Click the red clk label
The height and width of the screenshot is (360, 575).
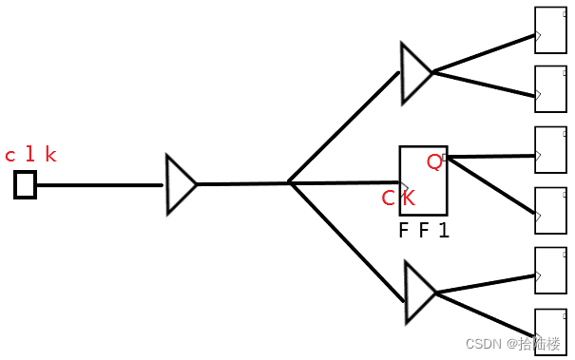coord(30,155)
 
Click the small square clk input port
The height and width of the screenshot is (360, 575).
coord(25,184)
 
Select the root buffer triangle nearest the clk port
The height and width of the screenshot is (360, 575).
coord(180,184)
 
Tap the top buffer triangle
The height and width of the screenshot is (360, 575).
coord(414,72)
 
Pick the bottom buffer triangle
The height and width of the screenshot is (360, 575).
coord(418,293)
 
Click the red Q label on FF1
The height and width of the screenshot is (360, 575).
coord(434,161)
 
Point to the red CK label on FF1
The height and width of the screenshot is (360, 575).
coord(398,198)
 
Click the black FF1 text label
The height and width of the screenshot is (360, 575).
coord(423,230)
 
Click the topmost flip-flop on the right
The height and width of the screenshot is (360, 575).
coord(550,30)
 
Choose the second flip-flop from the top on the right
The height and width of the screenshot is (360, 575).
coord(550,89)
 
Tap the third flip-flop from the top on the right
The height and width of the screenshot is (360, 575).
coord(550,150)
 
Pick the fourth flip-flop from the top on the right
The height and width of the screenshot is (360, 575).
coord(550,210)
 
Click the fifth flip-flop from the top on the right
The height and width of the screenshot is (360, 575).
coord(550,271)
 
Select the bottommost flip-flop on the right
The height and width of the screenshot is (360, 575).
coord(550,330)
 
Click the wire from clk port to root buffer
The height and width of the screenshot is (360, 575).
coord(100,184)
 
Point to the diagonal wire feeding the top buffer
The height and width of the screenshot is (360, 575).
coord(344,127)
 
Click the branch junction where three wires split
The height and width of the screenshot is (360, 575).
coord(290,183)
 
